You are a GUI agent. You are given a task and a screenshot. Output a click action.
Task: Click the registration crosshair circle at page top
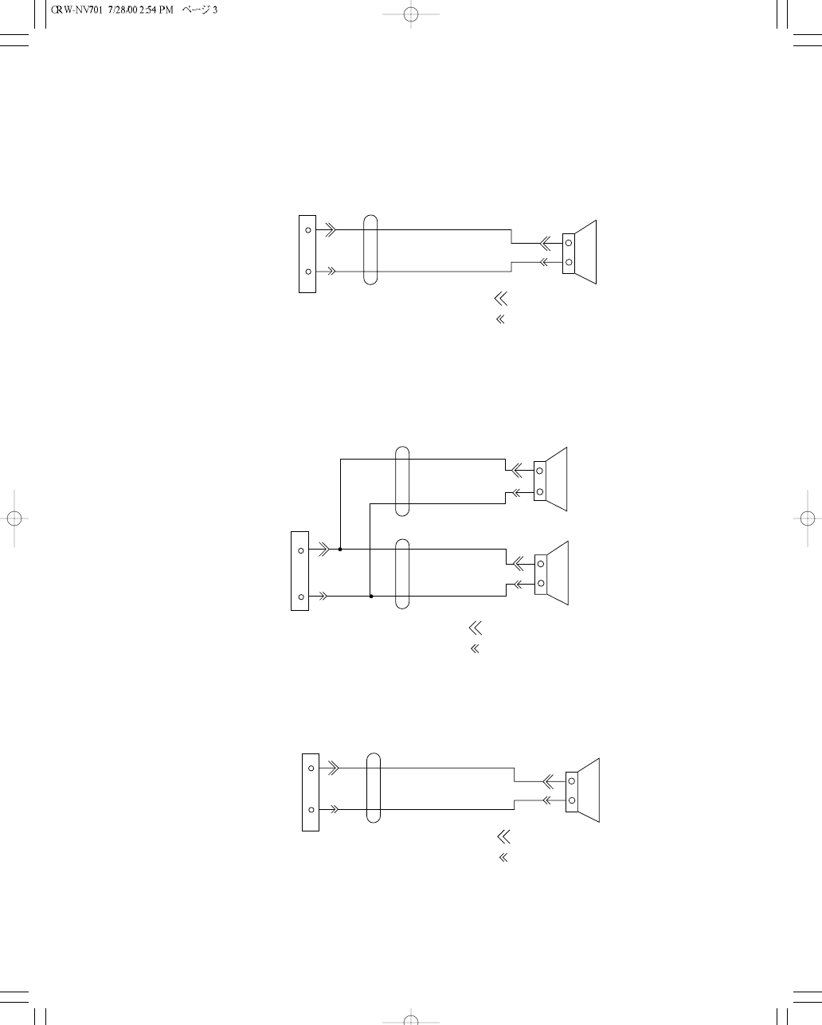point(410,14)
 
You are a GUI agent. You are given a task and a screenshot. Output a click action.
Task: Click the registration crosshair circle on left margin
point(14,517)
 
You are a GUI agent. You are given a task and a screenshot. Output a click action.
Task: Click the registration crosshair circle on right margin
point(807,517)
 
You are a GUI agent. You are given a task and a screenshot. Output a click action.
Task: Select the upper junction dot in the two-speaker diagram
point(340,549)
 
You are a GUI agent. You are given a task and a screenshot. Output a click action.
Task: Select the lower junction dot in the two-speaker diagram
point(371,596)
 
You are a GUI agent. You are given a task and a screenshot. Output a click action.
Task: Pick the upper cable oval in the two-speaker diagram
point(402,481)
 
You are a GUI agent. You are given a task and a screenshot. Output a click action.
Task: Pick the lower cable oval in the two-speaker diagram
point(402,573)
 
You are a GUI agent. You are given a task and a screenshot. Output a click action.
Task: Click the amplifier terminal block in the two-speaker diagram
point(300,572)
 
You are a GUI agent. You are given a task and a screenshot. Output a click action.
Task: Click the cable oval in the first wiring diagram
point(370,249)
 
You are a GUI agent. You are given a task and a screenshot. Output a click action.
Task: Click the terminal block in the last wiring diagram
point(311,791)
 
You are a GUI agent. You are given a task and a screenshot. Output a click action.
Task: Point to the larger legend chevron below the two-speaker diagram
point(476,628)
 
